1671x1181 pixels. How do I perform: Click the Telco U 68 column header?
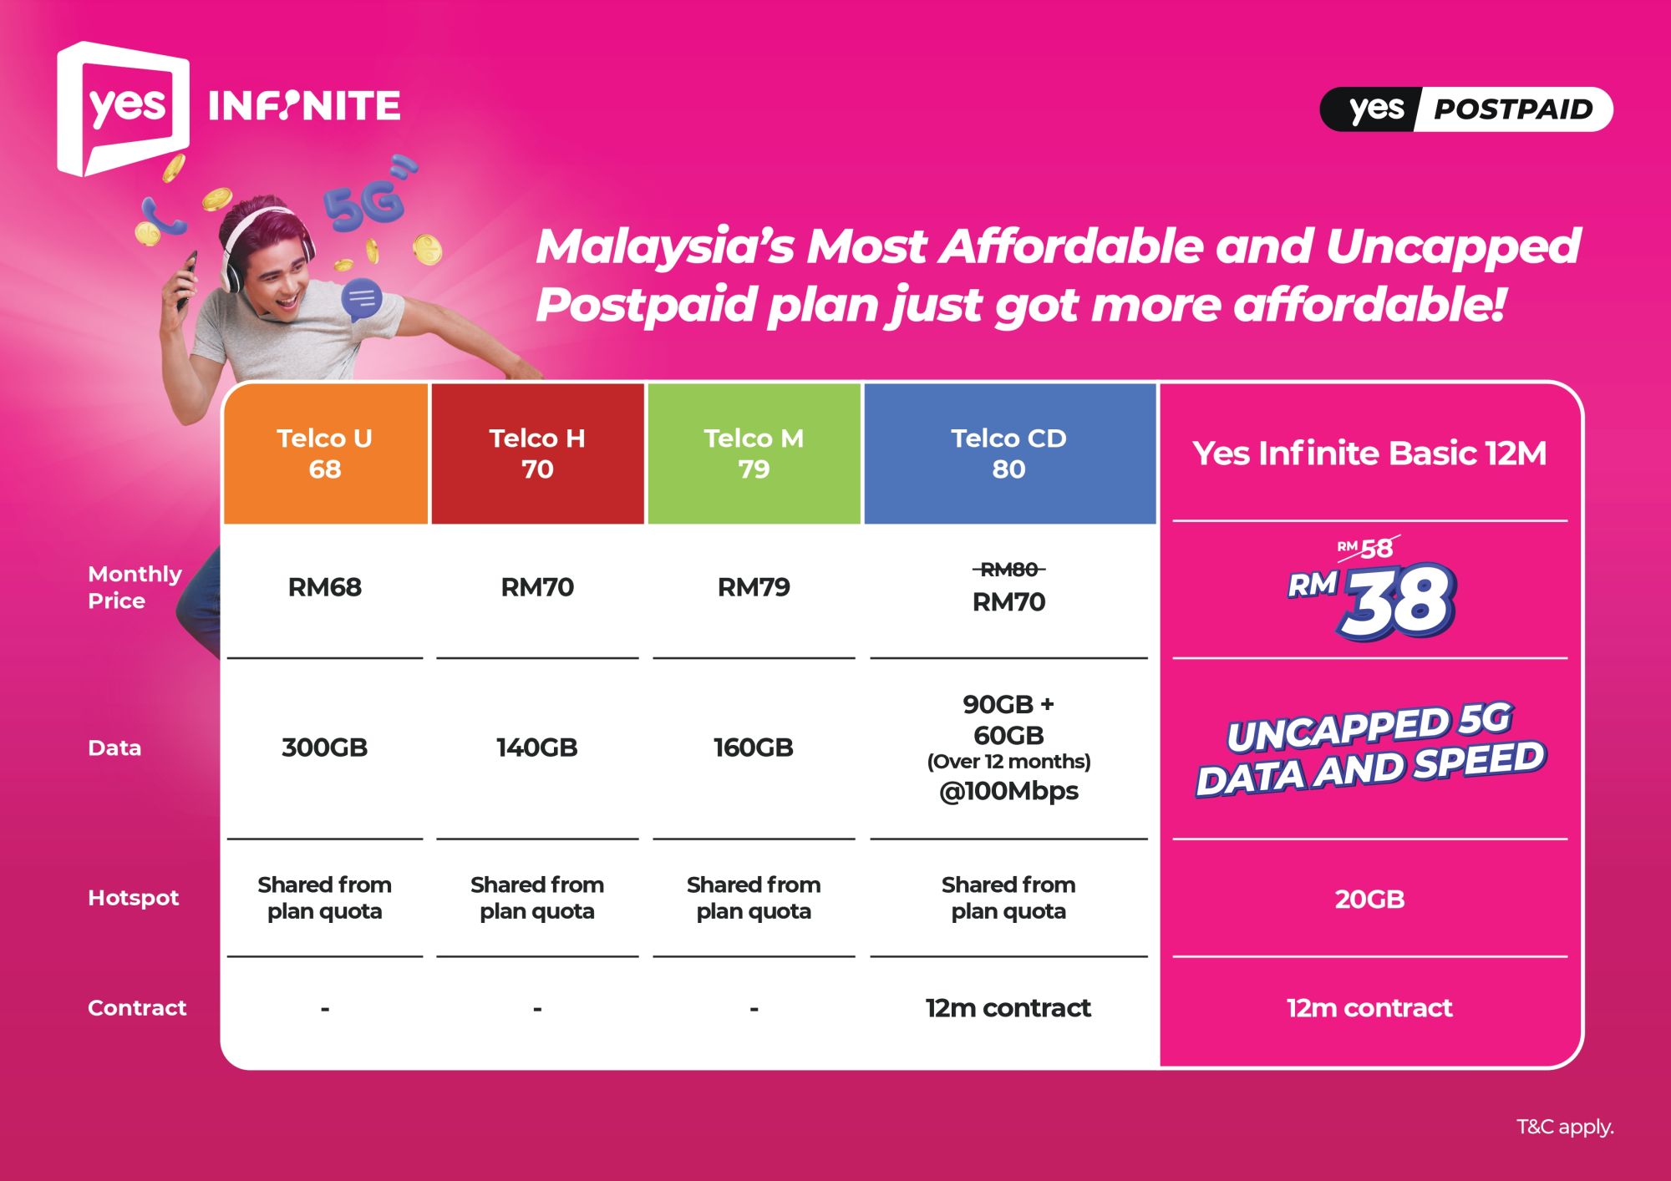pyautogui.click(x=325, y=454)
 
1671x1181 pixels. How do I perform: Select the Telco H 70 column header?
pyautogui.click(x=537, y=454)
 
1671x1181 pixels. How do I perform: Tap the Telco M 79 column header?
pyautogui.click(x=754, y=454)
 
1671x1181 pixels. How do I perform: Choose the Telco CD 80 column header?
pyautogui.click(x=1008, y=454)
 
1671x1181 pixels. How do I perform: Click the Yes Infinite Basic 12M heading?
pyautogui.click(x=1369, y=453)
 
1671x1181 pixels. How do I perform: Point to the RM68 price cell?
pyautogui.click(x=325, y=587)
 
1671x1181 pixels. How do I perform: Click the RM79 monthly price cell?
pyautogui.click(x=754, y=587)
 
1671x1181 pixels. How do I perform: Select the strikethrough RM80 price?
pyautogui.click(x=1008, y=570)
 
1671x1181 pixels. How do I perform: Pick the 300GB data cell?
pyautogui.click(x=325, y=748)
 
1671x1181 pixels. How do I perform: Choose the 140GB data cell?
pyautogui.click(x=537, y=748)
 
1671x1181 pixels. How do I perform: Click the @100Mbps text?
pyautogui.click(x=1008, y=791)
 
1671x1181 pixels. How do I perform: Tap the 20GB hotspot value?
pyautogui.click(x=1369, y=900)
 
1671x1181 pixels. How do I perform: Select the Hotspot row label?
pyautogui.click(x=134, y=898)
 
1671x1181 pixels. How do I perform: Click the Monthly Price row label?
pyautogui.click(x=134, y=587)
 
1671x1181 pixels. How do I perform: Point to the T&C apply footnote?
pyautogui.click(x=1565, y=1127)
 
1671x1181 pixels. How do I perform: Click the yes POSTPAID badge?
pyautogui.click(x=1466, y=109)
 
